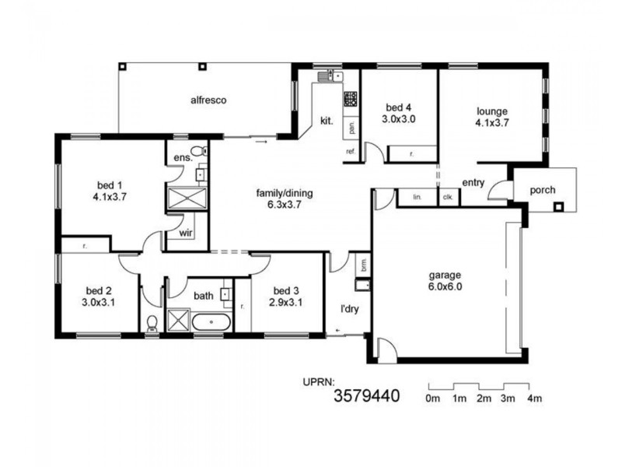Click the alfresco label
[208, 100]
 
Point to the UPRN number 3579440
[366, 396]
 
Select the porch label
[542, 190]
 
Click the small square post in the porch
[557, 206]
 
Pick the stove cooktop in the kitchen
[351, 99]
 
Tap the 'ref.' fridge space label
[351, 151]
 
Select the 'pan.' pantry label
[351, 125]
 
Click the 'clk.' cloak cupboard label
[448, 198]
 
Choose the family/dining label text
[285, 191]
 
